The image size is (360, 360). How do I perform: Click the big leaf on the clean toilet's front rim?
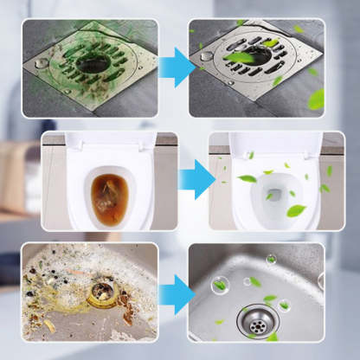pos(295,210)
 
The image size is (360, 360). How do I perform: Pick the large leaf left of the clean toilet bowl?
pos(247,179)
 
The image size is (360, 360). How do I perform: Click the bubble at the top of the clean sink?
pos(271,258)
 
